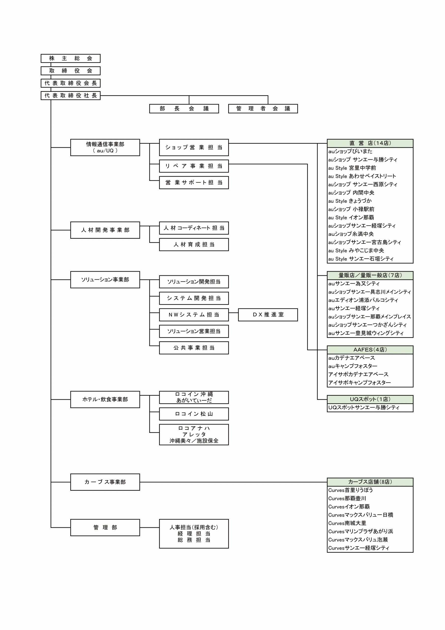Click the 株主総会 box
click(71, 58)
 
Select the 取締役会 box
click(71, 71)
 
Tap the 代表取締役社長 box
click(71, 95)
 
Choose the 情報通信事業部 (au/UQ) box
click(105, 147)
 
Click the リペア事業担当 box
click(194, 166)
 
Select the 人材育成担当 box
click(194, 244)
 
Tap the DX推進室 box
click(268, 315)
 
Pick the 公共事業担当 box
click(194, 348)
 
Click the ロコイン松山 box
click(194, 414)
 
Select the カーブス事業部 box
click(105, 482)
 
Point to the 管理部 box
click(105, 527)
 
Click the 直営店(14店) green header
click(370, 143)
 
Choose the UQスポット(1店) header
click(370, 399)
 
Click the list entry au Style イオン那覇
click(351, 218)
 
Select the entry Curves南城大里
click(347, 523)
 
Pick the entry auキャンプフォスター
click(353, 366)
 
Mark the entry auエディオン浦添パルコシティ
click(363, 300)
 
